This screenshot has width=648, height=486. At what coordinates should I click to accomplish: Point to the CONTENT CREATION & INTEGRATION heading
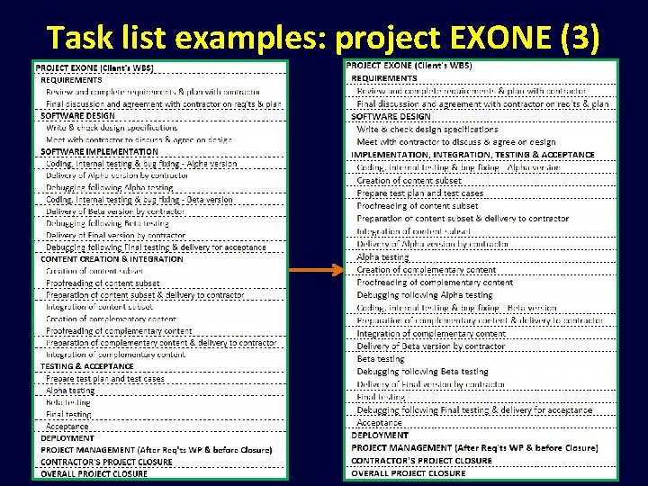(112, 259)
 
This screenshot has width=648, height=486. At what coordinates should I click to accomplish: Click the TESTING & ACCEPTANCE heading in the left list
(86, 366)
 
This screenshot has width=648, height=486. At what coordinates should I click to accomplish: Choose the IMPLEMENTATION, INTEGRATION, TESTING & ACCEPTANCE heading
(473, 155)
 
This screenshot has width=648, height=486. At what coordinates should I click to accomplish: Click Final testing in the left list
(68, 415)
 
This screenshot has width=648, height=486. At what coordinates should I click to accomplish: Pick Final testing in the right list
(381, 397)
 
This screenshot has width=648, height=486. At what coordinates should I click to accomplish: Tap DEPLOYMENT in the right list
(380, 436)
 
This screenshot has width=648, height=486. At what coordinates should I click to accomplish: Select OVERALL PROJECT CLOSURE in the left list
(94, 474)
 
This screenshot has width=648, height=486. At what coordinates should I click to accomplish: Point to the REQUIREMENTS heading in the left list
(71, 79)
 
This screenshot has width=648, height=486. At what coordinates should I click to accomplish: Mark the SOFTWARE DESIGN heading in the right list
(391, 117)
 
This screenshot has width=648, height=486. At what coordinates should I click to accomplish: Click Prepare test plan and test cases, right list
(420, 193)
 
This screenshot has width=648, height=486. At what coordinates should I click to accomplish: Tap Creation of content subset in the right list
(409, 180)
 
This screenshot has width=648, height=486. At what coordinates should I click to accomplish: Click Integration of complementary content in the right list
(431, 334)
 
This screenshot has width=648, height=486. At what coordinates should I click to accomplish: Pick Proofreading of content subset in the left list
(103, 283)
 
